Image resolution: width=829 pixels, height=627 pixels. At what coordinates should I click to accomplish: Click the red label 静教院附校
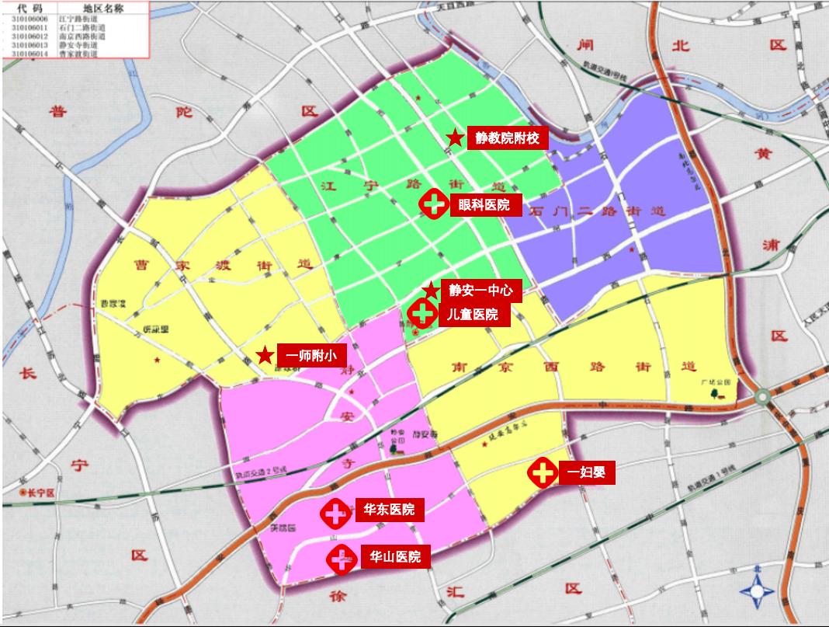[507, 138]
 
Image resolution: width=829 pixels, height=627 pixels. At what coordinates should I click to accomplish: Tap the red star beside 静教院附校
[455, 138]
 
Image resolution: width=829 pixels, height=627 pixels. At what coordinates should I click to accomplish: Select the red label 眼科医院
[484, 205]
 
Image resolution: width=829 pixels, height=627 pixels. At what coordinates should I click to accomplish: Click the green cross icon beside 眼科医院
[434, 205]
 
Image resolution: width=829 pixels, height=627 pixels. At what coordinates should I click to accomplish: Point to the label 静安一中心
[481, 291]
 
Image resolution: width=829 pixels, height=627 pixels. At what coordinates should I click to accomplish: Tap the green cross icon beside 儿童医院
[421, 314]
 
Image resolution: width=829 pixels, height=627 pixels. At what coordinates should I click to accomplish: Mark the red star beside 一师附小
[265, 355]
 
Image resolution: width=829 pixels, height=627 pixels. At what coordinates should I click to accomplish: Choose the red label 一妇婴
[587, 472]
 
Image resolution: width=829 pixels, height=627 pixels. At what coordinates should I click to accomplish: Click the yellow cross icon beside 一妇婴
[543, 472]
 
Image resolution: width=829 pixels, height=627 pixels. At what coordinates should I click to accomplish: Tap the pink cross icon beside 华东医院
[335, 512]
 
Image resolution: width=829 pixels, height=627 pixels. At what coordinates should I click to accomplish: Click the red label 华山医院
[395, 556]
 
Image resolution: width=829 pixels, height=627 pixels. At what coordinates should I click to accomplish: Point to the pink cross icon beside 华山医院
[340, 559]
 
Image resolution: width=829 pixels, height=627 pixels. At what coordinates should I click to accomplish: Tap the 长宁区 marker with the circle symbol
[23, 493]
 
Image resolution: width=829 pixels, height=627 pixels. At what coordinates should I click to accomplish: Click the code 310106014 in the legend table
[29, 54]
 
